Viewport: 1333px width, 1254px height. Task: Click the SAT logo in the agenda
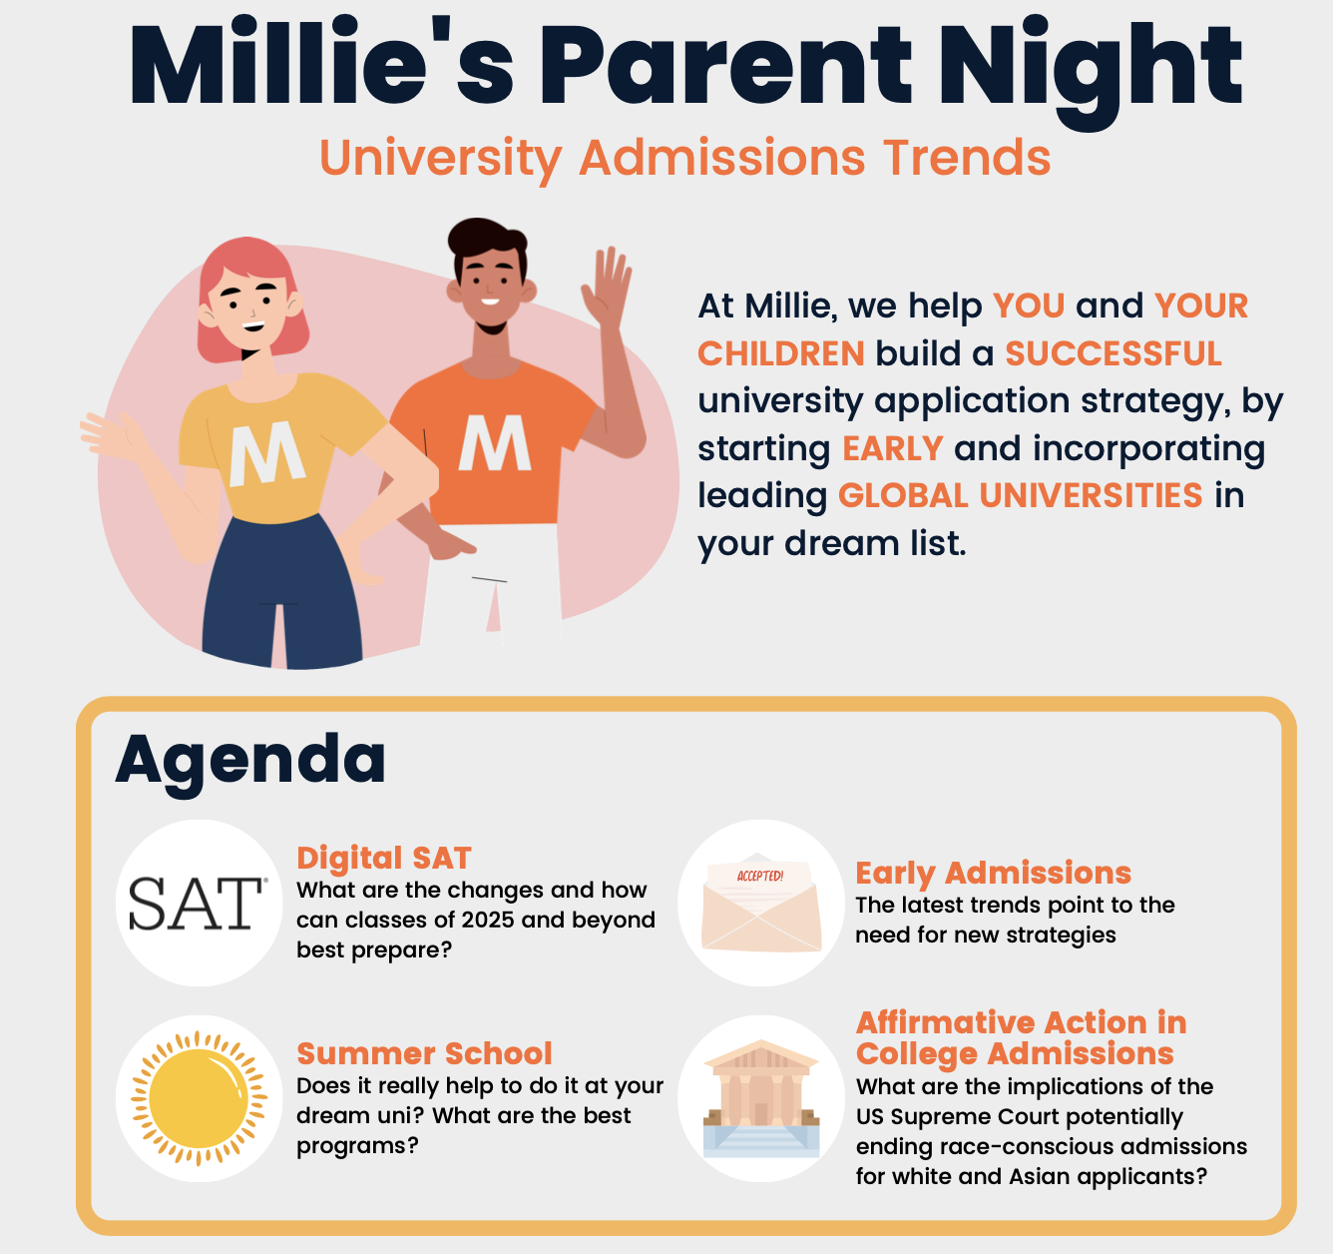point(198,904)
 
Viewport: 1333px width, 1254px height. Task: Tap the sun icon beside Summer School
point(199,1099)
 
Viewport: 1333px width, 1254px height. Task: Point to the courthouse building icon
point(761,1099)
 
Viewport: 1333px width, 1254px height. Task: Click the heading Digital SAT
point(384,859)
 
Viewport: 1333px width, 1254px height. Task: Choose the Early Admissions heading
point(994,874)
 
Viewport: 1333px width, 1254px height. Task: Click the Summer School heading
point(424,1053)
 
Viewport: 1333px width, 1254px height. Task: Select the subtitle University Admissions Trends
point(685,159)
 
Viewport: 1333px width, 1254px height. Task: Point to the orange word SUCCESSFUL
point(1113,354)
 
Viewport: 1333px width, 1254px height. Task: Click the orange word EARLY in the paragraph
point(893,448)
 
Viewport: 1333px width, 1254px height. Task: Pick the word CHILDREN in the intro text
point(781,354)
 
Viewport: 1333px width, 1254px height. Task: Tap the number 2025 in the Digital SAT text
point(475,921)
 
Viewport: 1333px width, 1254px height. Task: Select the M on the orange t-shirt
point(495,442)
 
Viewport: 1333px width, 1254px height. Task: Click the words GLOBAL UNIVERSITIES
point(1021,495)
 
